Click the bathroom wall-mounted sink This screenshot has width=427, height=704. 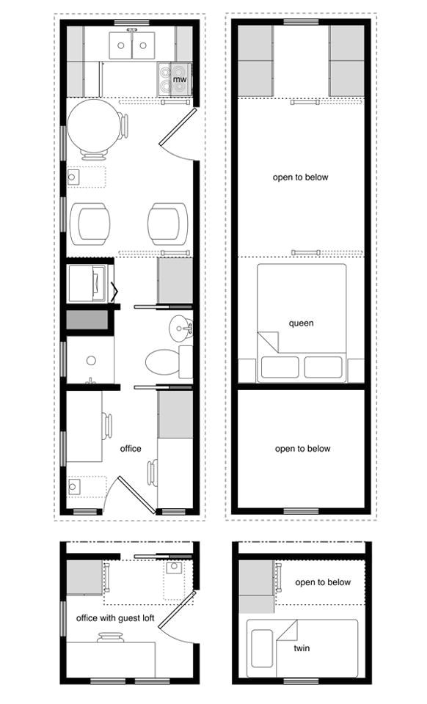[180, 326]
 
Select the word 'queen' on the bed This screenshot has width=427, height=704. [302, 323]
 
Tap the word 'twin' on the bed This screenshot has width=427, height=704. [302, 648]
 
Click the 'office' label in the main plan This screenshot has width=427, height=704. [131, 448]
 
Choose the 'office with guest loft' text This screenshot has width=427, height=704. [115, 618]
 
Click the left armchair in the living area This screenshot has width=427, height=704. [90, 223]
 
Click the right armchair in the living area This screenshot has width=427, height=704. [167, 223]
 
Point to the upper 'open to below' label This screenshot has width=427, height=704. [301, 177]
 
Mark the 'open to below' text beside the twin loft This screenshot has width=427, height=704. [323, 582]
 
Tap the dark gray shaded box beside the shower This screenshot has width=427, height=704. [87, 320]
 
